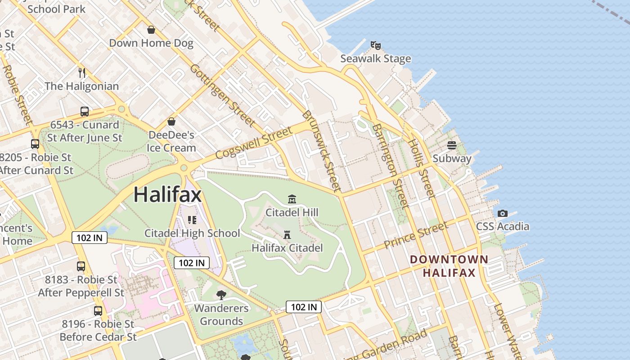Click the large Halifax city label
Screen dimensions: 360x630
(x=167, y=194)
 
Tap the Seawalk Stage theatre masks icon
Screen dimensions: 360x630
(x=376, y=45)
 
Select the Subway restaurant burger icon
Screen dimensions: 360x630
(x=452, y=145)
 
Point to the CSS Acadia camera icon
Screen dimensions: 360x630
(x=503, y=213)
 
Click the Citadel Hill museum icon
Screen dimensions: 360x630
(x=292, y=199)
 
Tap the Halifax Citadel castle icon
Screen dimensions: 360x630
(x=287, y=234)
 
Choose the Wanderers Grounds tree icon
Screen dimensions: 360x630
(x=221, y=295)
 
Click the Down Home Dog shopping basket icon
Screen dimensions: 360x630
(x=151, y=30)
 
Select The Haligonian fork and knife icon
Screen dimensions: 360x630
(x=82, y=72)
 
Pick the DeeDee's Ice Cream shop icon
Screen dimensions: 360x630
(x=171, y=121)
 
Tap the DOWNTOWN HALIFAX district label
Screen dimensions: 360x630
(x=449, y=266)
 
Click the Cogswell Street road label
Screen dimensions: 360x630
(x=254, y=143)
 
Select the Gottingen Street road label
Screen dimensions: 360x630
(x=222, y=95)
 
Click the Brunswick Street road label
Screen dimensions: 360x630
(x=321, y=151)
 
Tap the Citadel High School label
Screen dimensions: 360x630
(x=192, y=233)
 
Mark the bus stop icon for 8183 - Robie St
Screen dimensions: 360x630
(x=81, y=266)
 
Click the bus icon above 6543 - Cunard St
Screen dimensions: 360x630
(x=85, y=111)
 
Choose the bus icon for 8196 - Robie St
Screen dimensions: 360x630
(x=98, y=310)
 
